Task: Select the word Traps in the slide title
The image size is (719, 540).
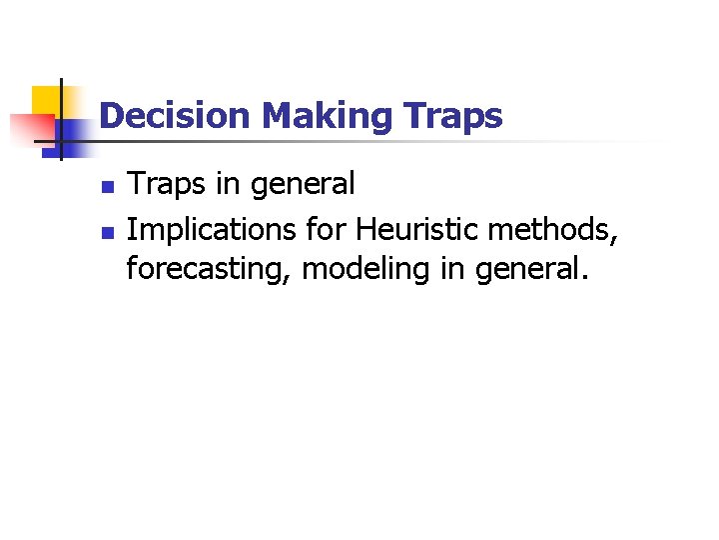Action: [454, 117]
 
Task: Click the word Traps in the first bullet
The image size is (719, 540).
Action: [165, 185]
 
